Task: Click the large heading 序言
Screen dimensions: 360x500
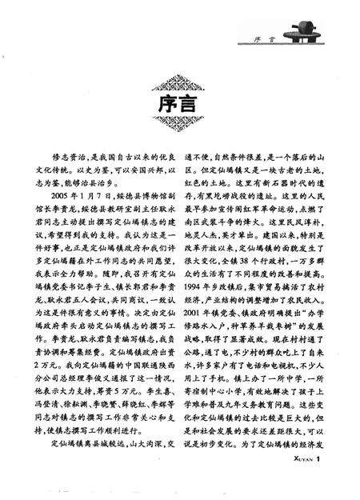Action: tap(179, 105)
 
